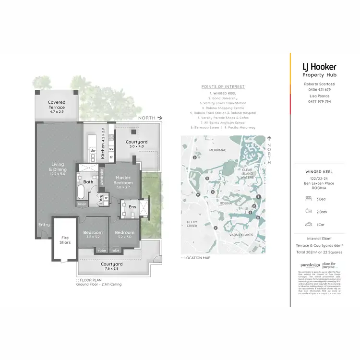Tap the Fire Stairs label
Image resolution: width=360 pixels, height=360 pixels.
coord(65,240)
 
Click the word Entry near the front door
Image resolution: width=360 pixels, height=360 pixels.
coord(44,225)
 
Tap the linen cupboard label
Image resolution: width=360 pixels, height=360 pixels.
coord(83,205)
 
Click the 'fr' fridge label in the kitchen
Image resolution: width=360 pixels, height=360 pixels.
coord(111,157)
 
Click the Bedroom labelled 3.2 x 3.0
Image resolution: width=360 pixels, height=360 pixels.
coord(124,235)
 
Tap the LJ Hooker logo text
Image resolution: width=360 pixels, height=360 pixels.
coord(319,67)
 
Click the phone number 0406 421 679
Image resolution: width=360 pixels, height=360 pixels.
coord(317,89)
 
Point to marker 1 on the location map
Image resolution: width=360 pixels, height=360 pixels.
coord(258,197)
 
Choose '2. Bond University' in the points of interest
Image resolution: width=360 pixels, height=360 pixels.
coord(223,98)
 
